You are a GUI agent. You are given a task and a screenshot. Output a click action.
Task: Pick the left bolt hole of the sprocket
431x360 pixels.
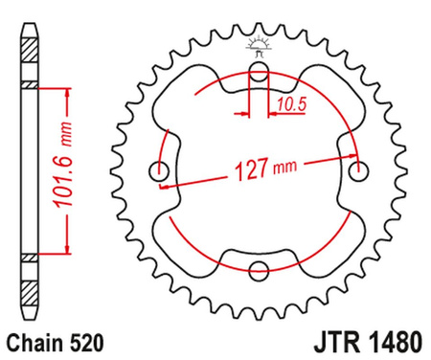[157, 171]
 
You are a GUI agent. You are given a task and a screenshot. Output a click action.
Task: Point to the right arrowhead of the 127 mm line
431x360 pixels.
[354, 159]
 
